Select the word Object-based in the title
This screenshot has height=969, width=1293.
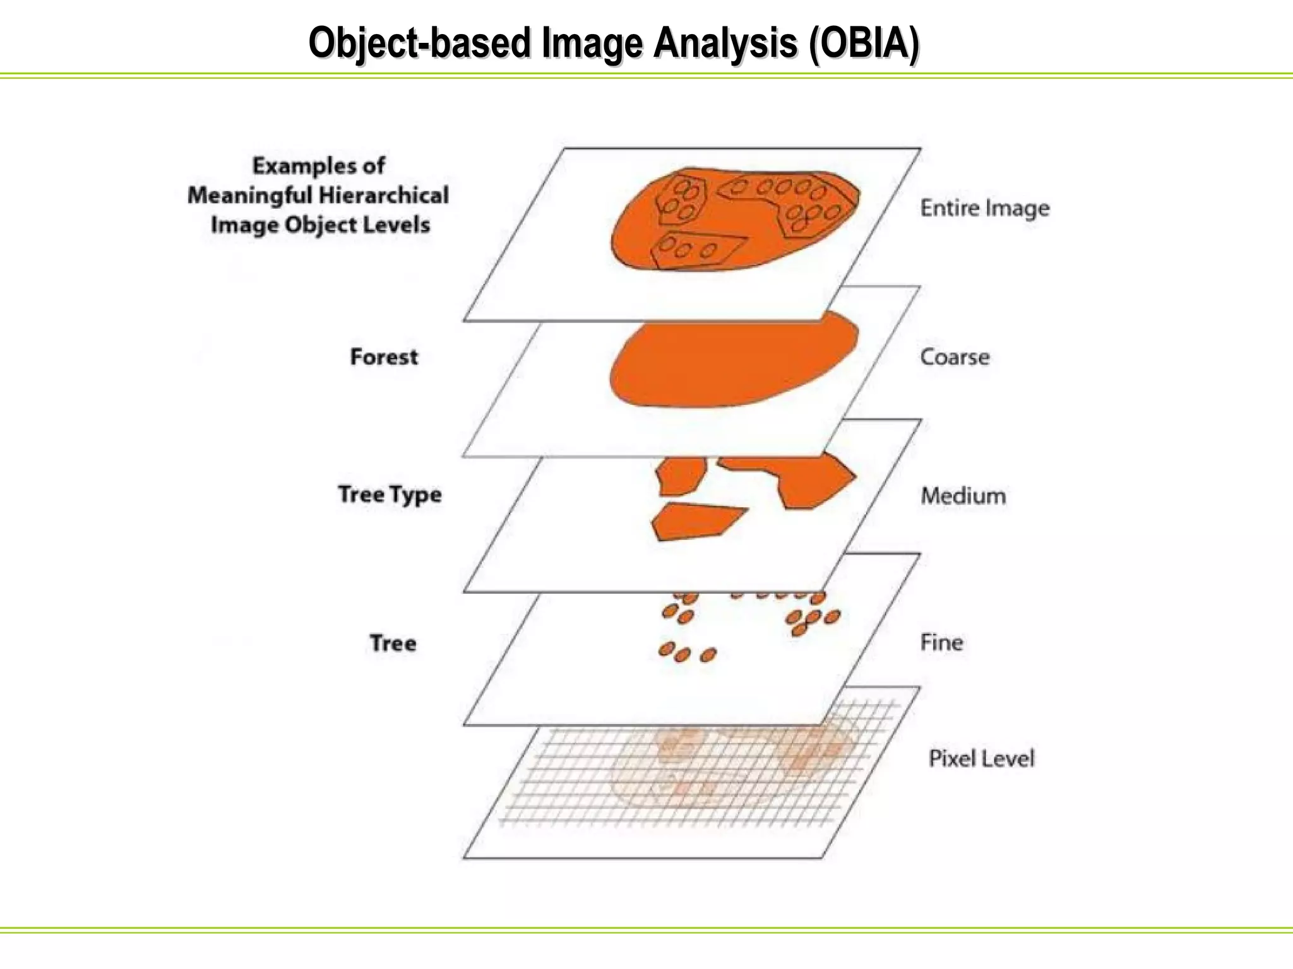pyautogui.click(x=419, y=44)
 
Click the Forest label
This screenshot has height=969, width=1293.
pyautogui.click(x=384, y=357)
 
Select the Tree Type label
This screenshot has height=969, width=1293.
pyautogui.click(x=390, y=495)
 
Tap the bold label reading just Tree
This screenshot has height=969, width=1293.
pyautogui.click(x=393, y=643)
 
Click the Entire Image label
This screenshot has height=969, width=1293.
pyautogui.click(x=984, y=208)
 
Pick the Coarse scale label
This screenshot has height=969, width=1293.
pyautogui.click(x=955, y=357)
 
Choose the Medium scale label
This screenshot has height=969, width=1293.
pyautogui.click(x=963, y=496)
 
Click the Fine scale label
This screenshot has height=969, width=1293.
pyautogui.click(x=941, y=643)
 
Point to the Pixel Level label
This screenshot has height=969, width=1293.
pyautogui.click(x=981, y=758)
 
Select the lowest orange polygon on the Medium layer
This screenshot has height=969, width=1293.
pyautogui.click(x=694, y=520)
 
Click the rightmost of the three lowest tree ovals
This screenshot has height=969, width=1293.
pyautogui.click(x=708, y=655)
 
